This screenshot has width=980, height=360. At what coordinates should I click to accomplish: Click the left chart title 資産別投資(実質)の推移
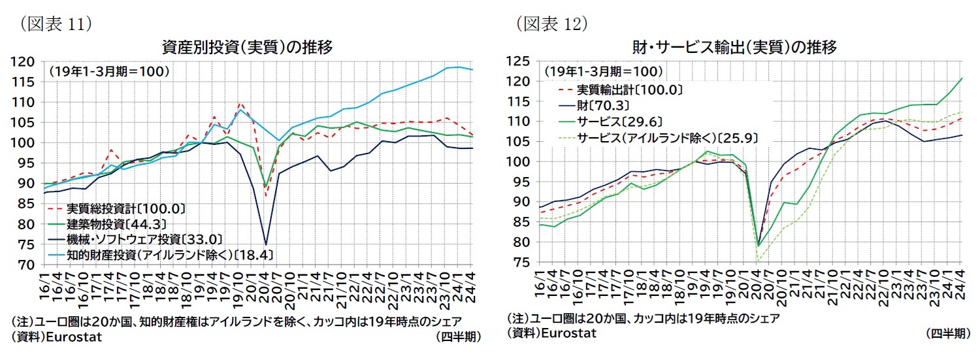tap(248, 47)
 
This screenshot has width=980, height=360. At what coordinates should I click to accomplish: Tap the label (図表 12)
tap(552, 24)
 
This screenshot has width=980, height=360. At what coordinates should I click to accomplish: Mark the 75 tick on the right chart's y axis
tap(523, 262)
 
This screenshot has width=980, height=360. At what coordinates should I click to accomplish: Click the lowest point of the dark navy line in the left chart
tap(266, 244)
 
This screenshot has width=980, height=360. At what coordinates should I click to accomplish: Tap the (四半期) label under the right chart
tap(948, 333)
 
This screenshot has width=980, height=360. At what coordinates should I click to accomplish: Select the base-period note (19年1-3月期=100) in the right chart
tap(604, 71)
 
